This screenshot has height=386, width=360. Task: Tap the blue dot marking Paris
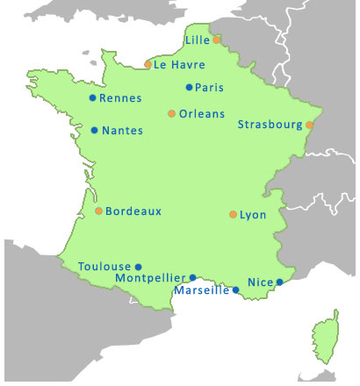click(x=189, y=87)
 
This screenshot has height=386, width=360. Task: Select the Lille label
click(x=197, y=40)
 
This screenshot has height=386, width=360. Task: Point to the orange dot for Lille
click(x=217, y=39)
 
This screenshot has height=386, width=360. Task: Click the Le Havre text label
click(x=179, y=65)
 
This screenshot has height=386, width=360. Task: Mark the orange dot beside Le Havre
click(x=148, y=64)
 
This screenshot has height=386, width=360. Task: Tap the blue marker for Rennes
click(x=93, y=98)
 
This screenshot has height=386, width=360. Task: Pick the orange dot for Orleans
click(x=171, y=113)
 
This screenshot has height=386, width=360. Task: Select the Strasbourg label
click(x=270, y=125)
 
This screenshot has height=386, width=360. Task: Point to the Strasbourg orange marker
click(x=309, y=125)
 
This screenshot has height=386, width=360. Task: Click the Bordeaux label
click(x=133, y=211)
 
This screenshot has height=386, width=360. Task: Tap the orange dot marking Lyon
click(x=233, y=214)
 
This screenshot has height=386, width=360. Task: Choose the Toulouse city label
click(x=104, y=266)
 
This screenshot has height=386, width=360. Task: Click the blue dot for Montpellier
click(x=193, y=277)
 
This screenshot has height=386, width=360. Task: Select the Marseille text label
click(x=202, y=290)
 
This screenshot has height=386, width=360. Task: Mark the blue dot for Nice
click(x=279, y=282)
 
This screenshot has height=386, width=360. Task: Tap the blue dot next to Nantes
click(x=95, y=131)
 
